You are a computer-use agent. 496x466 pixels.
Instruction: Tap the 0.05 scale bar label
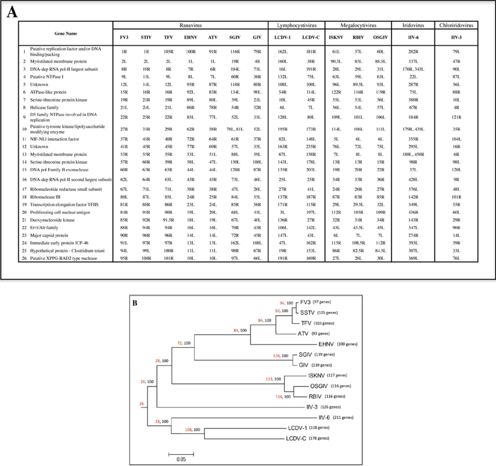181,459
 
